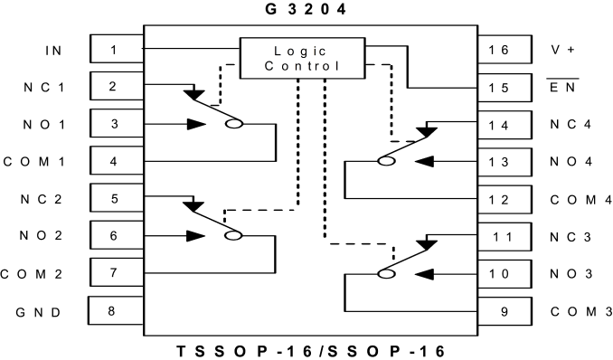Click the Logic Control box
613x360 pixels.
pos(302,58)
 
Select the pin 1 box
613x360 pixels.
pos(117,49)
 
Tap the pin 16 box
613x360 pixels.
pos(505,50)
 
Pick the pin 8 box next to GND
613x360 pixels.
pos(116,310)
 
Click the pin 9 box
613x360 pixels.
pos(505,311)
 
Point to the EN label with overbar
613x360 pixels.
pos(562,87)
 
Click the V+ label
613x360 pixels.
pos(562,50)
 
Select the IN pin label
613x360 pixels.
pos(53,51)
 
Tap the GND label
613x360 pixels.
pos(38,312)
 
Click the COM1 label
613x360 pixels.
pos(34,162)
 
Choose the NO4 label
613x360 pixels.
pos(571,161)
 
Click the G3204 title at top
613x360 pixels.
pos(306,9)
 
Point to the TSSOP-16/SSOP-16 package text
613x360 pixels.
pos(311,351)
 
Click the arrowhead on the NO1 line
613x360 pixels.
pos(196,124)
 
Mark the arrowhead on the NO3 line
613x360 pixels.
pos(424,274)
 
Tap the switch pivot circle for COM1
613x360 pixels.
pos(234,124)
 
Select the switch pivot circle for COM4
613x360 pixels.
pos(386,161)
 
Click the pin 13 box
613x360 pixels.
pos(505,162)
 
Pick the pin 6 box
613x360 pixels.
pos(117,235)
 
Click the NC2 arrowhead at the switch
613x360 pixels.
pos(193,206)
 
